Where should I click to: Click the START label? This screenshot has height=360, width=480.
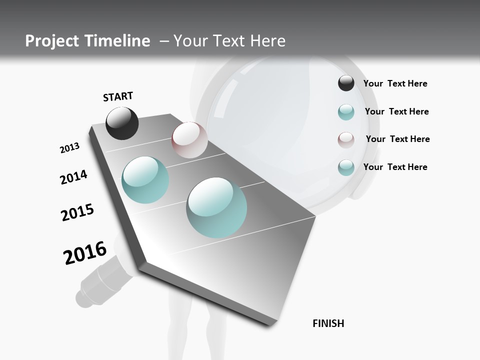click(x=118, y=96)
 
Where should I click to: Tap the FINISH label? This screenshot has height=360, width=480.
click(x=328, y=323)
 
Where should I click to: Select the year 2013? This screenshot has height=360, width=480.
click(x=70, y=148)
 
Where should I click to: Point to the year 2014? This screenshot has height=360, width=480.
click(x=73, y=177)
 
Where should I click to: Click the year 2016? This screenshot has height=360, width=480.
click(x=85, y=252)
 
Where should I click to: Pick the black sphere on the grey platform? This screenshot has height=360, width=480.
click(x=122, y=123)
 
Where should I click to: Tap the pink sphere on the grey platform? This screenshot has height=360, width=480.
click(x=189, y=140)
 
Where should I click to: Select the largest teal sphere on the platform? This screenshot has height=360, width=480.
click(x=216, y=207)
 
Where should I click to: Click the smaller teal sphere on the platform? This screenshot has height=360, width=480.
click(x=145, y=180)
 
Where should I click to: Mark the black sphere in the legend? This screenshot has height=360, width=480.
click(x=346, y=83)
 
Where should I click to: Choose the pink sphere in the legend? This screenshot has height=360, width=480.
click(x=346, y=139)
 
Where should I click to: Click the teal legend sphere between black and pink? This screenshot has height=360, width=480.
click(x=346, y=112)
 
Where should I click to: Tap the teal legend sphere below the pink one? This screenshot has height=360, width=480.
click(x=346, y=167)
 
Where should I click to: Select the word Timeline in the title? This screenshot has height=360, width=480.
click(x=120, y=41)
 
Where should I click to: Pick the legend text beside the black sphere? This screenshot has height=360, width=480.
click(x=395, y=83)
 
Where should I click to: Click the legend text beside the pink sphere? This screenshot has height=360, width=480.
click(x=397, y=139)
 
